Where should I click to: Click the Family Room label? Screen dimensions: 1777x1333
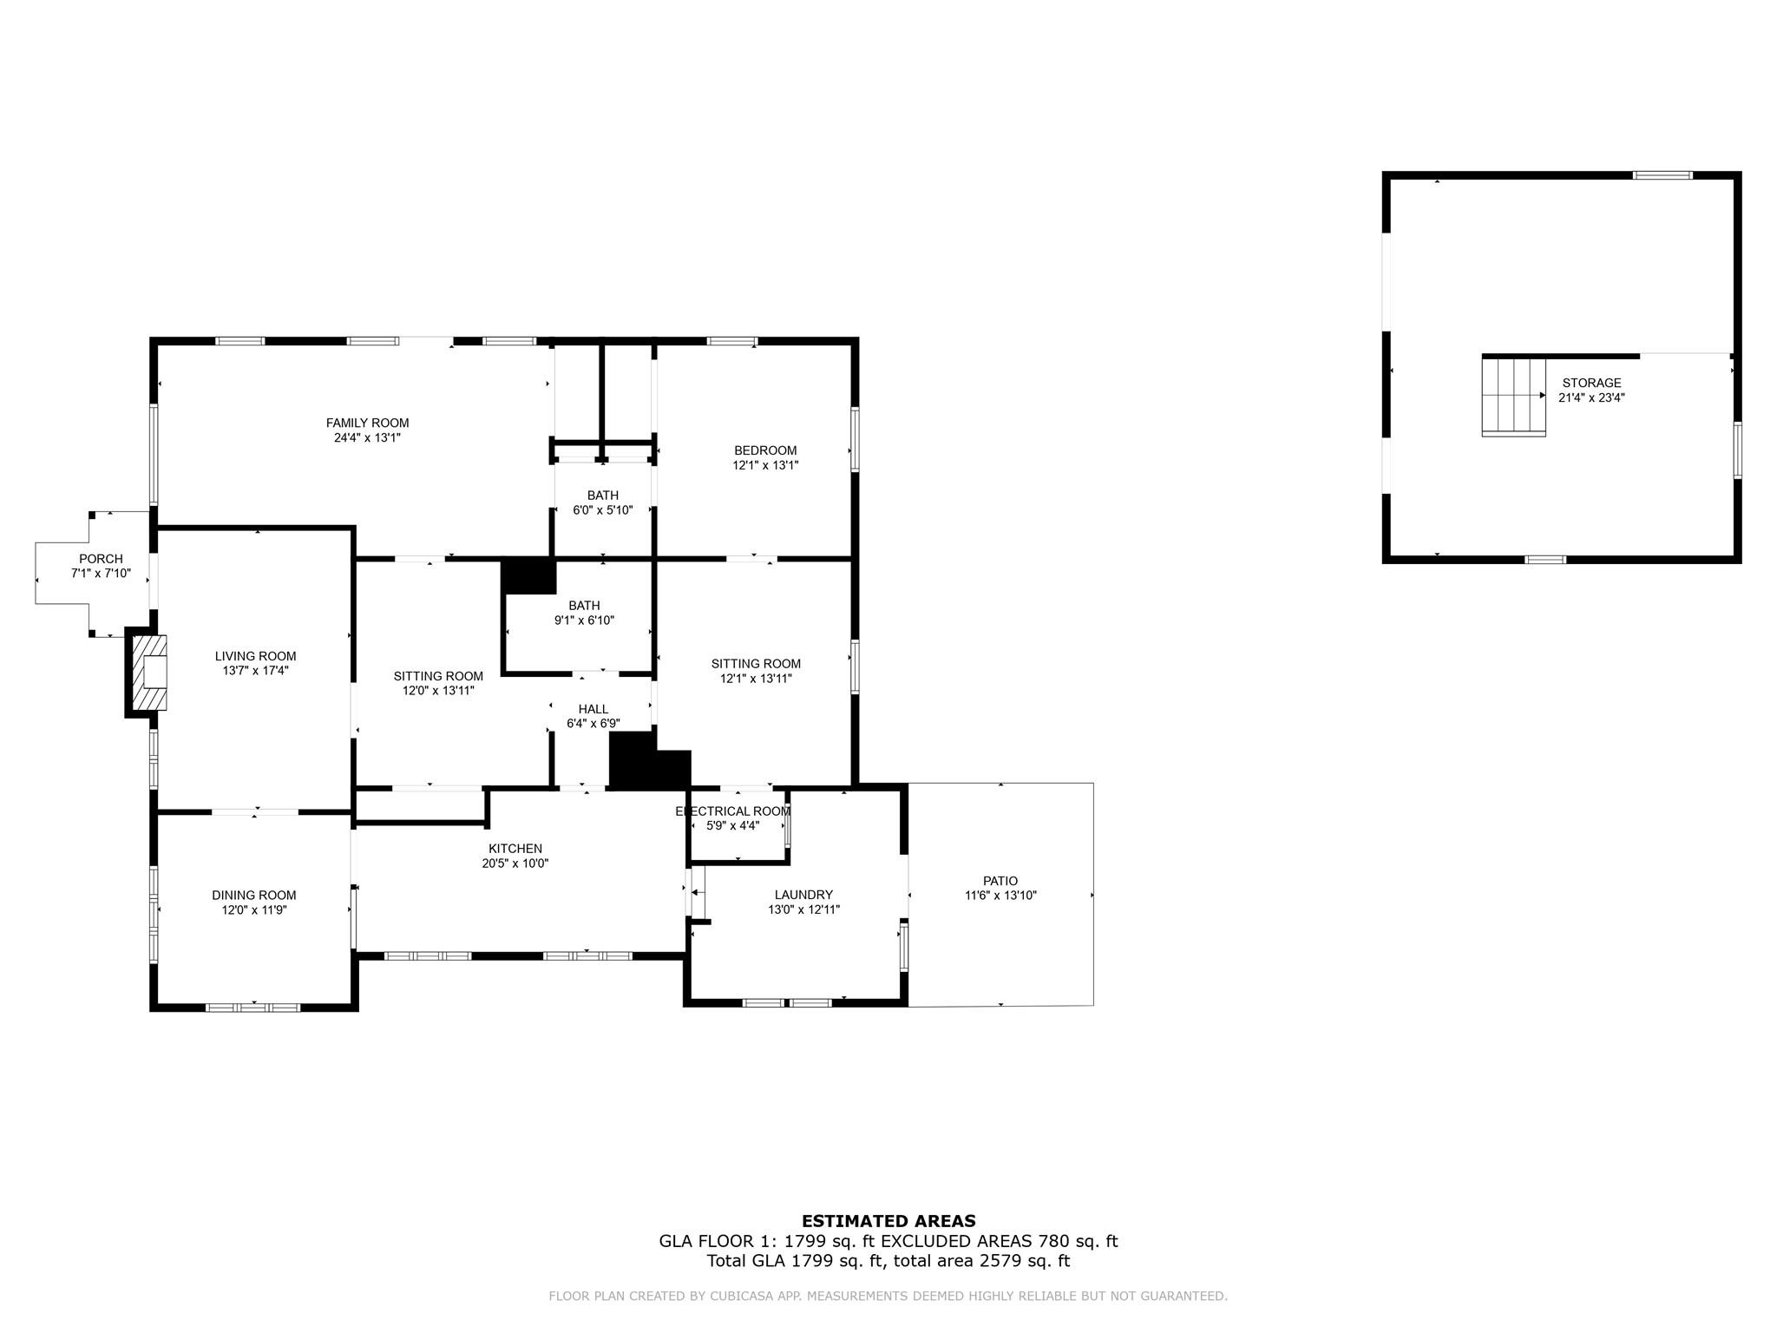click(x=367, y=423)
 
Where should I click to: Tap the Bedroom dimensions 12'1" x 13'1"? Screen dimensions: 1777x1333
click(x=765, y=465)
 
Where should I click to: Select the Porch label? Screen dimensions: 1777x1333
click(x=101, y=559)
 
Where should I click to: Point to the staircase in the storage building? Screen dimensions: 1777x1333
click(x=1513, y=397)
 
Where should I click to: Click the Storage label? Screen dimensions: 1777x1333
click(x=1591, y=383)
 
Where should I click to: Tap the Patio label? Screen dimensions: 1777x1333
click(x=1000, y=881)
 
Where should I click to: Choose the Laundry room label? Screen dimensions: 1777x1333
click(x=803, y=895)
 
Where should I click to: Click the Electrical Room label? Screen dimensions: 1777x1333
click(x=733, y=811)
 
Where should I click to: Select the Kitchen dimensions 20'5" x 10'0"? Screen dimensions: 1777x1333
click(x=515, y=863)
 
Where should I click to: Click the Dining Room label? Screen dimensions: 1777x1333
click(x=254, y=895)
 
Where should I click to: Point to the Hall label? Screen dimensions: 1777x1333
click(x=593, y=709)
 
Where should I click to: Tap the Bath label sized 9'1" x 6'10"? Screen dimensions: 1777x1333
click(x=584, y=605)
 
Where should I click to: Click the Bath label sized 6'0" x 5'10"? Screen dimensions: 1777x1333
click(x=603, y=496)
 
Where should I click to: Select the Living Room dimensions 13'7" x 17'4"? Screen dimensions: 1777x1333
click(x=255, y=671)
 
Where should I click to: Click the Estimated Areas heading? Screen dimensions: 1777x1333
click(x=888, y=1221)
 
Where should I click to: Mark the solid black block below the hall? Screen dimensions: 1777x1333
click(x=649, y=761)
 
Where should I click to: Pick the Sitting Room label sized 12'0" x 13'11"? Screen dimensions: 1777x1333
click(x=438, y=676)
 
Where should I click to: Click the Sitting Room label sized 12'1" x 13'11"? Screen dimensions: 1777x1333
click(x=756, y=664)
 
